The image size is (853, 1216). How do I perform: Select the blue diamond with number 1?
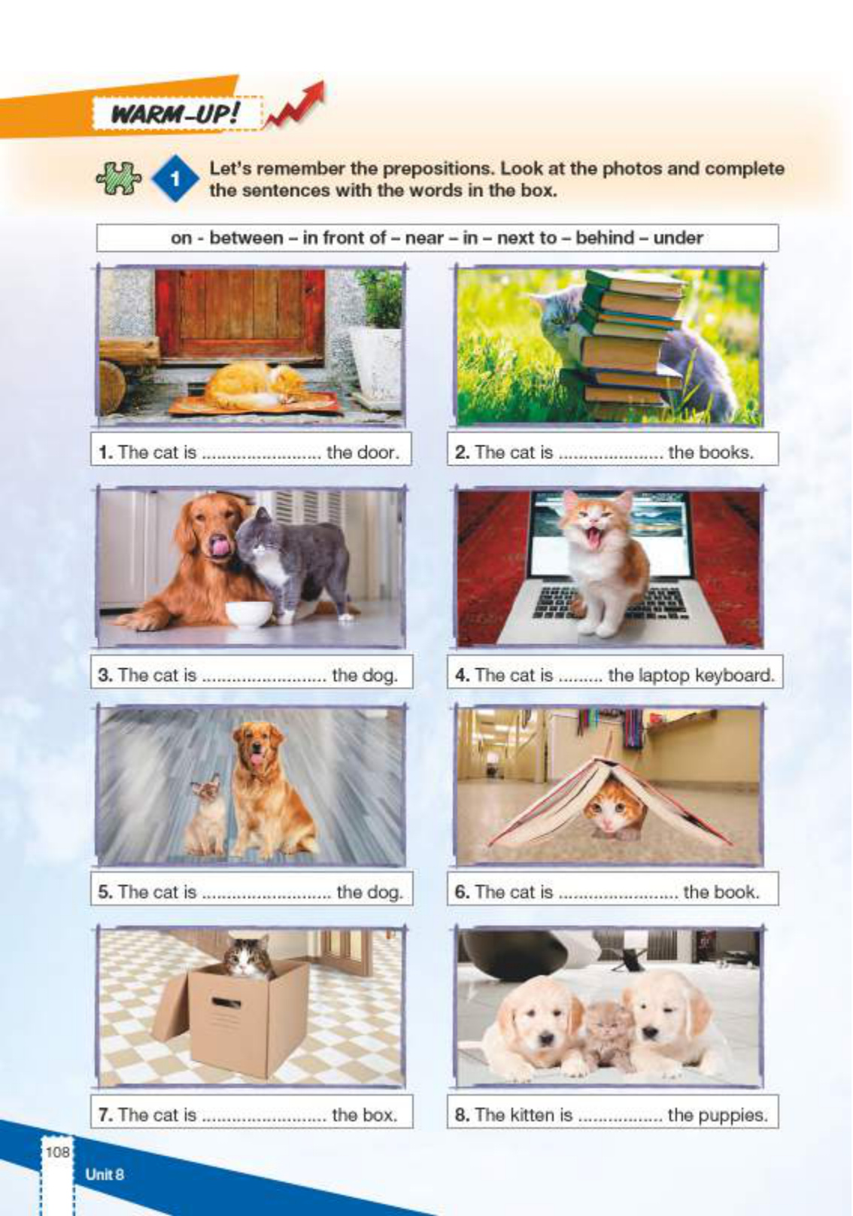175,178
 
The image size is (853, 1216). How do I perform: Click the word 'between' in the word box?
246,238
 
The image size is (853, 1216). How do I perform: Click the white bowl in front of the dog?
248,614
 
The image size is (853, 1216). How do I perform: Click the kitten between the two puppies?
611,1035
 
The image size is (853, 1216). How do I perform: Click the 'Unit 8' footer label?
105,1174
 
